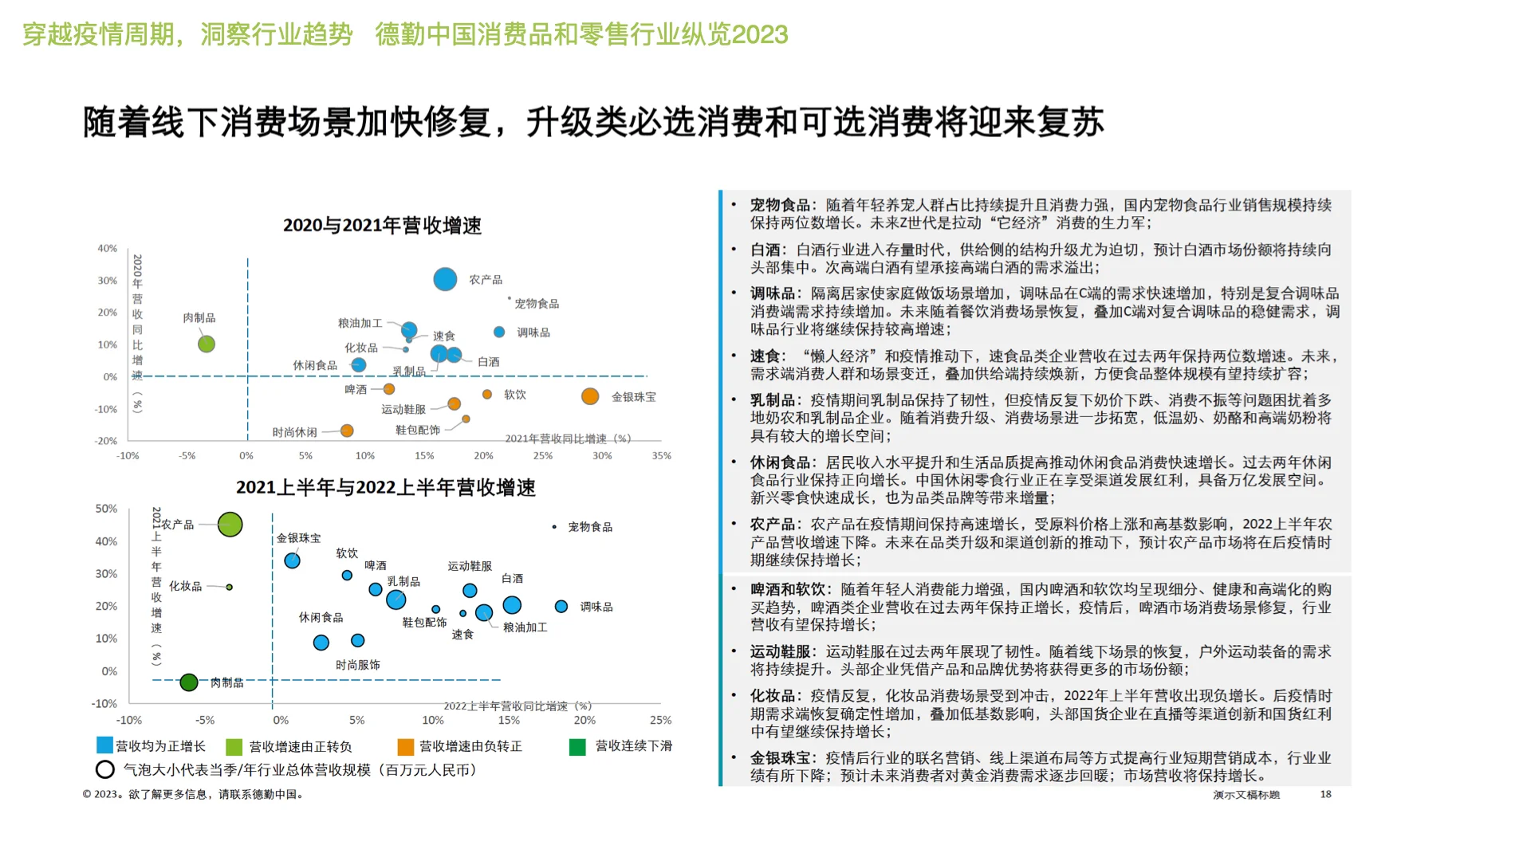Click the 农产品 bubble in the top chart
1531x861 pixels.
click(445, 279)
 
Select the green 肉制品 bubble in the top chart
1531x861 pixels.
click(207, 344)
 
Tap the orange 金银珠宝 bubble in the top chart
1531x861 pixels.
click(590, 396)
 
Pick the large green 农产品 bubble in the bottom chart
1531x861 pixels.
click(230, 525)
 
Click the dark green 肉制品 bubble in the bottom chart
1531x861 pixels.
click(189, 682)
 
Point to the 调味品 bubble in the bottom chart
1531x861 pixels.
click(561, 607)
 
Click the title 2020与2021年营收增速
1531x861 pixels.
click(382, 226)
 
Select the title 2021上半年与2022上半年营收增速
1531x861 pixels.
click(385, 487)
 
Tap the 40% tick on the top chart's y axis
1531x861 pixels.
click(108, 249)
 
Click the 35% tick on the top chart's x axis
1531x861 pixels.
click(661, 456)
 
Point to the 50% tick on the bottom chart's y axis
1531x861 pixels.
click(106, 509)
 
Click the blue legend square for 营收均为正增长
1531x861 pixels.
click(104, 745)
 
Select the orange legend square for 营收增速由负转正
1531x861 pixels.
click(406, 746)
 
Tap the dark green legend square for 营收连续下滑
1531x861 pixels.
click(577, 746)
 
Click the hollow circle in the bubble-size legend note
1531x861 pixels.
click(105, 769)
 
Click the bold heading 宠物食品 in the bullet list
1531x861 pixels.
click(779, 206)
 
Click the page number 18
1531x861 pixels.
click(1325, 794)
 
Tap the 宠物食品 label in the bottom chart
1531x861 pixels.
click(590, 527)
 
